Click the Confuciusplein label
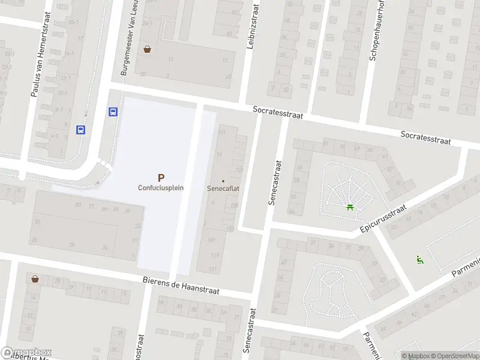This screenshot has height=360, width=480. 160,187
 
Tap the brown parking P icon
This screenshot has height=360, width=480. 160,177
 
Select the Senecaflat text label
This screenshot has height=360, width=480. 223,188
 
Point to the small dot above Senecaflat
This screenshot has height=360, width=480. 223,181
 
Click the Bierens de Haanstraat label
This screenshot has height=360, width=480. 181,285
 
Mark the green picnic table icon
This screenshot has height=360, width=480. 349,208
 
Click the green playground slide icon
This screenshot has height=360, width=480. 420,259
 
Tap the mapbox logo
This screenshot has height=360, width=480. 26,352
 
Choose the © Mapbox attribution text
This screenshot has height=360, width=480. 415,356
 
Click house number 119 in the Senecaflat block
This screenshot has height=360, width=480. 215,255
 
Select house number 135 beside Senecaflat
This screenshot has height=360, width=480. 234,205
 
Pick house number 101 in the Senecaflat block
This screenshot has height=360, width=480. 211,240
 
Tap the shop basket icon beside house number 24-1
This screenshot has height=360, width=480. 147,50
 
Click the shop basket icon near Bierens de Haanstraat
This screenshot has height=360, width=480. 35,279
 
